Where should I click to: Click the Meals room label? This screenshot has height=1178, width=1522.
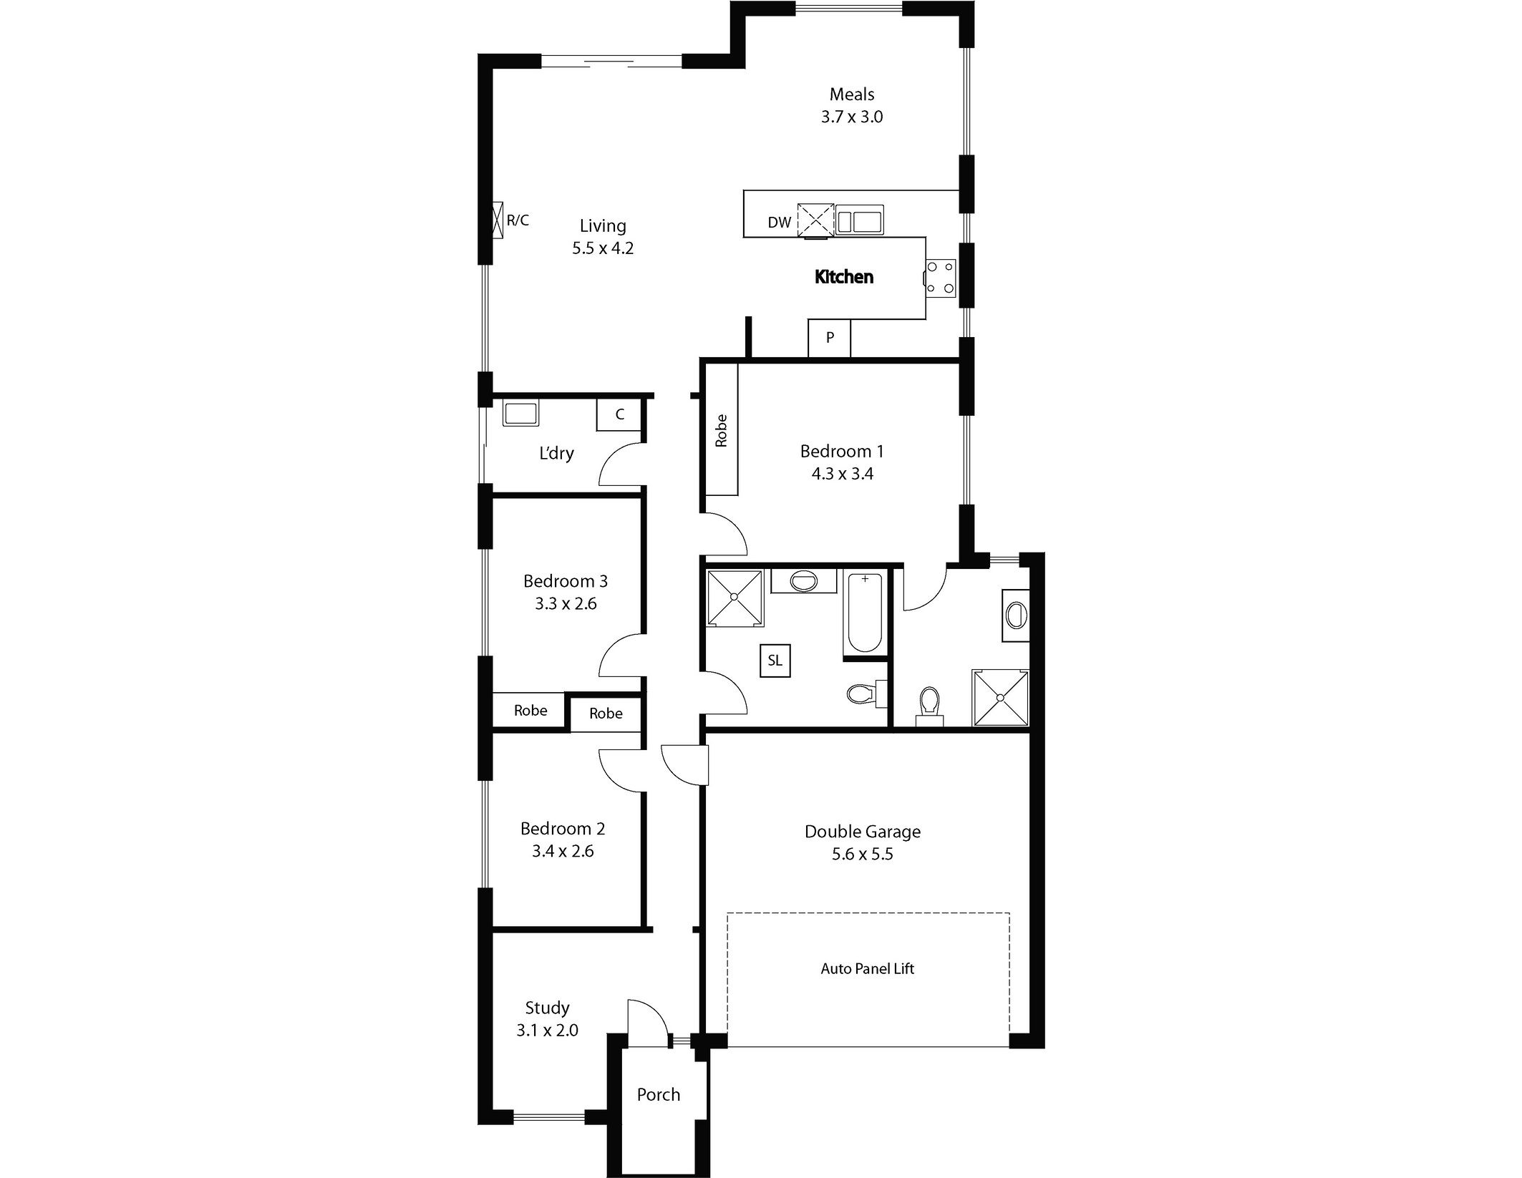click(852, 94)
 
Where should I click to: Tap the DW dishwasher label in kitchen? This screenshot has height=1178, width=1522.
click(780, 223)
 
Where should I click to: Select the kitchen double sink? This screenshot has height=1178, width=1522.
click(860, 220)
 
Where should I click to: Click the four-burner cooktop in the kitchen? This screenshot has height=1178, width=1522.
click(941, 278)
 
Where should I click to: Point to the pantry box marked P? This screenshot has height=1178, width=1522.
click(830, 338)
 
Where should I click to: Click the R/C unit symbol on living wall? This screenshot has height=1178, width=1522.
click(498, 220)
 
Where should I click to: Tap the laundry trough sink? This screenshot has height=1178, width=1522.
click(520, 414)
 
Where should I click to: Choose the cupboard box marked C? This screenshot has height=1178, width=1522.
click(619, 414)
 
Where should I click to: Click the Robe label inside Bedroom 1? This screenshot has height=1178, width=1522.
click(721, 431)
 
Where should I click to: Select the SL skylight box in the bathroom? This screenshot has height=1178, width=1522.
click(775, 660)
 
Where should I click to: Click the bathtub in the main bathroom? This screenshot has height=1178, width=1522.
click(865, 613)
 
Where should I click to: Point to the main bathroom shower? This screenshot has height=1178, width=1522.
click(735, 598)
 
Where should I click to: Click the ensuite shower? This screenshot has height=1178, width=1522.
click(1000, 698)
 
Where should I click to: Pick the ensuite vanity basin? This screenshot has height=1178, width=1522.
click(1016, 615)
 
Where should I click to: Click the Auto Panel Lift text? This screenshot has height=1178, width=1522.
click(867, 969)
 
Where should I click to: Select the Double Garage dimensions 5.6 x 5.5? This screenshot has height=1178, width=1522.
click(863, 855)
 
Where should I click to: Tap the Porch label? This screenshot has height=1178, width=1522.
click(659, 1094)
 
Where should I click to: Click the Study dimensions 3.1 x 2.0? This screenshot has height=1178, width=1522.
click(547, 1031)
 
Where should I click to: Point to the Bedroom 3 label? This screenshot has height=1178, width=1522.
click(566, 581)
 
